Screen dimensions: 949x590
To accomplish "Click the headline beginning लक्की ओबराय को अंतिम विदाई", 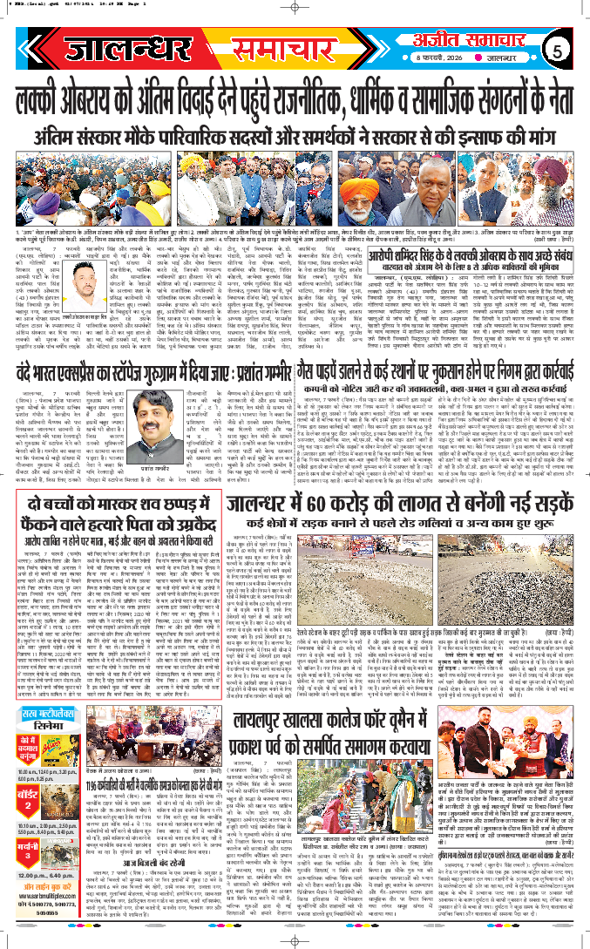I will pos(295,92).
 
